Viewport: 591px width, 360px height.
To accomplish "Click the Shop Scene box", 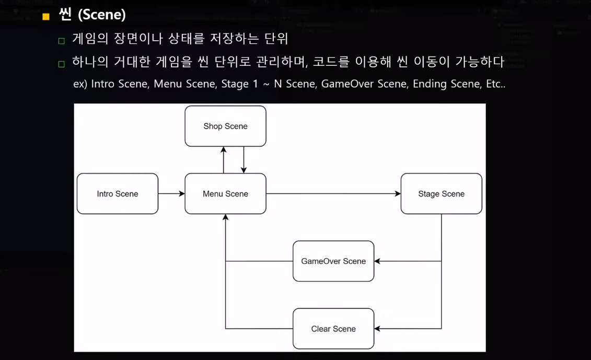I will [225, 126].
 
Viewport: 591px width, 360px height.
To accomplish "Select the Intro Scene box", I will [118, 194].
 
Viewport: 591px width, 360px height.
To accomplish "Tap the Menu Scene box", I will [225, 194].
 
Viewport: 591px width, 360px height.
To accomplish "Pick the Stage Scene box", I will [441, 194].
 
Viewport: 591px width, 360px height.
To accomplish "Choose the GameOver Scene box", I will [333, 261].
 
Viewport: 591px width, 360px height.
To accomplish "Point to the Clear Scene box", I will [333, 329].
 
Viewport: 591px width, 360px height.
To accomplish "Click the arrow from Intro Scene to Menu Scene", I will [171, 194].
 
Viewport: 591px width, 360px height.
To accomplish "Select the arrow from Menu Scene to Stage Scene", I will [333, 194].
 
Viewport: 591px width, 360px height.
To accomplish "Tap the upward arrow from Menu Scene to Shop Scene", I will [224, 160].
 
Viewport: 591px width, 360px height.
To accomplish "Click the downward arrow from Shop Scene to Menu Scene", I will [244, 160].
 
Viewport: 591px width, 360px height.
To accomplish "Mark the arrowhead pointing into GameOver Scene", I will [377, 261].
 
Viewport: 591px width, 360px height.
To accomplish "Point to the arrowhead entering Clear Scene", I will [377, 329].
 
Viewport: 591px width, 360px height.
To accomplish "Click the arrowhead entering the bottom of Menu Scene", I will [225, 217].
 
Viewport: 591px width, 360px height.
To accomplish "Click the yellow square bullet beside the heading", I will [46, 17].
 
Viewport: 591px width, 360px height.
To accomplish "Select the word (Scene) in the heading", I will [101, 15].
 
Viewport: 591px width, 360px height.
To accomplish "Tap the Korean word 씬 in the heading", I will [65, 15].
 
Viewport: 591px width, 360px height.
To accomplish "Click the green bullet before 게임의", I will [61, 41].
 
